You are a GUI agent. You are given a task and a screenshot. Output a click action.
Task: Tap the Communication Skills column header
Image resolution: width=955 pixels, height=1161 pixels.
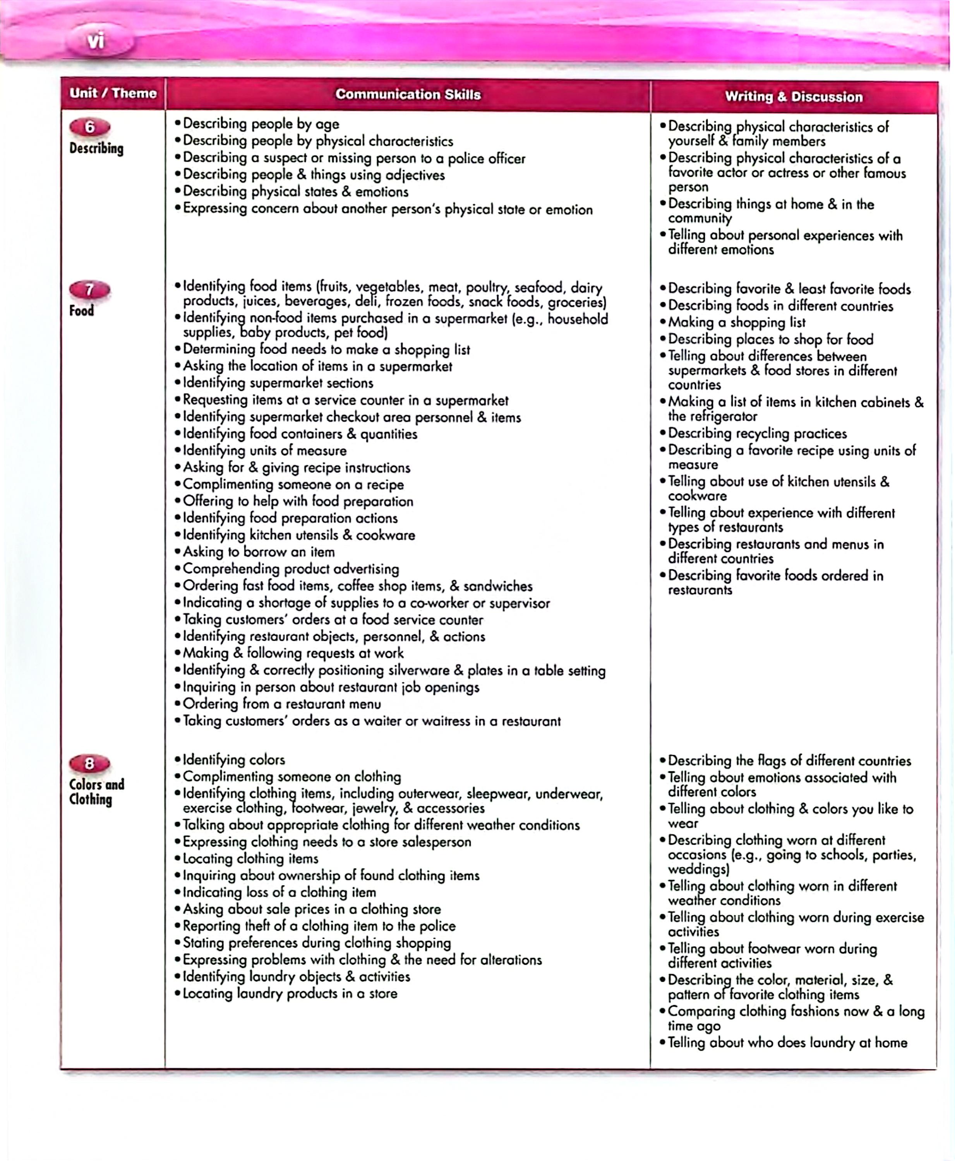coord(408,94)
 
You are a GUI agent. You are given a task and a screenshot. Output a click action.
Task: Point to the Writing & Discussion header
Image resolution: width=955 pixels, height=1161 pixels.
coord(793,97)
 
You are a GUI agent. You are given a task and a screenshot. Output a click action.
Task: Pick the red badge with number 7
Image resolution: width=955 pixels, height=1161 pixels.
coord(90,289)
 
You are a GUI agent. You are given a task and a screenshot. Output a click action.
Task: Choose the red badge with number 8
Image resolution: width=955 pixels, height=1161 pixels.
coord(90,764)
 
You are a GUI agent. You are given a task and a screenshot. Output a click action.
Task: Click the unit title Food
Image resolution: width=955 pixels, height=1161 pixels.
coord(81,311)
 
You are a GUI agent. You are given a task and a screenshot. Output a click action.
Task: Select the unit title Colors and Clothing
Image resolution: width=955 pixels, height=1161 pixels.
coord(96,791)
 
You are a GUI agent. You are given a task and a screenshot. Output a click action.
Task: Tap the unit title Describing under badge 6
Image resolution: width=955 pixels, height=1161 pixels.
coord(96,149)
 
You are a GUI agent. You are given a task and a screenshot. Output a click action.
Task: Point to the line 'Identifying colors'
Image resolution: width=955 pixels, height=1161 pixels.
coord(234,760)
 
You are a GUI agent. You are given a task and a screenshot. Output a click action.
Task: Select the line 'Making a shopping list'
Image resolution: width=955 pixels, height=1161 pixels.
coord(737,322)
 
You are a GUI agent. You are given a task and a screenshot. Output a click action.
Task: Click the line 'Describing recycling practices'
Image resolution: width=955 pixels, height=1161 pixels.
coord(757,433)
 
